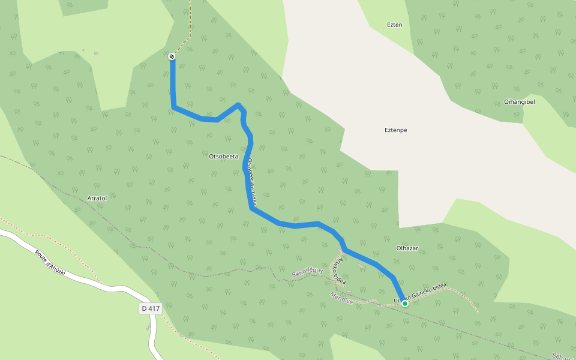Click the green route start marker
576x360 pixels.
(x=405, y=304)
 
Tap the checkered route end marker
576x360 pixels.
(x=172, y=56)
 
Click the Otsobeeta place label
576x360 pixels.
(x=223, y=157)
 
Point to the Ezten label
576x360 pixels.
(x=394, y=25)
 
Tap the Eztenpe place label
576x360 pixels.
(x=396, y=130)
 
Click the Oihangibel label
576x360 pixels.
(x=520, y=101)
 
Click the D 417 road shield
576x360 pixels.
(x=151, y=308)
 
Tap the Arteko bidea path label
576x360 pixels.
(x=339, y=270)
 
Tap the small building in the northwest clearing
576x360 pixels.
(x=96, y=53)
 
